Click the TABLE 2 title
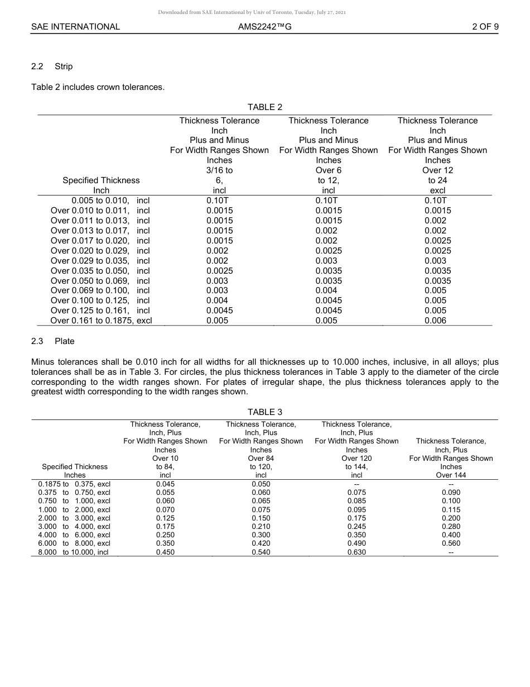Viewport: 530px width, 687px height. tap(264, 107)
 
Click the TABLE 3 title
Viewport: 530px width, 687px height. tap(264, 412)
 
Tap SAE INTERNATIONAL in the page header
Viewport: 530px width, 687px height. tap(75, 26)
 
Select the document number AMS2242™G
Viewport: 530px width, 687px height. tap(264, 26)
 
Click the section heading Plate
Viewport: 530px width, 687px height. tap(64, 341)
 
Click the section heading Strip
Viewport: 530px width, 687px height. tap(64, 66)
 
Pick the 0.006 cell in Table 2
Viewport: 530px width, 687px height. tap(435, 321)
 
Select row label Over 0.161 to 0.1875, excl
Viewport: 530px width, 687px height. tap(101, 321)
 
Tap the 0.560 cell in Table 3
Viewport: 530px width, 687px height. tap(451, 543)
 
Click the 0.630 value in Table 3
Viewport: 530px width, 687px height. tap(356, 552)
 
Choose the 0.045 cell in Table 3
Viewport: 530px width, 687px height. tap(165, 484)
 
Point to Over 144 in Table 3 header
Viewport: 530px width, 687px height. tap(451, 475)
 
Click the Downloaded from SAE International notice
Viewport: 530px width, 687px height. tap(252, 12)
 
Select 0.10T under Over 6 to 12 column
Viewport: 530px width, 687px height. tap(326, 201)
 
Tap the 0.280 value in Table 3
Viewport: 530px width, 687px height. tap(451, 526)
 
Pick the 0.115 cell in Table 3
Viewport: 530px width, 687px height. tap(451, 509)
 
